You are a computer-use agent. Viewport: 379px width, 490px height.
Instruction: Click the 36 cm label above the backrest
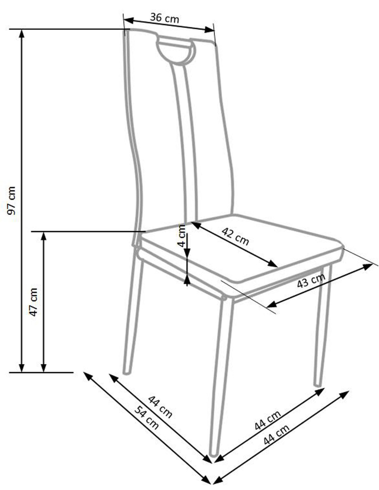(x=165, y=18)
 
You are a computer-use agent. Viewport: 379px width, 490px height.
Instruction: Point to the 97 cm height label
(x=12, y=201)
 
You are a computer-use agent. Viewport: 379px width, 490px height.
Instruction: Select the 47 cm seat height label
(x=33, y=302)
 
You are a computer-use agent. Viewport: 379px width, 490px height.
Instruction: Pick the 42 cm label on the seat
(x=235, y=236)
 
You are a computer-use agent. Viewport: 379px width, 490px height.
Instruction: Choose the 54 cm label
(x=146, y=418)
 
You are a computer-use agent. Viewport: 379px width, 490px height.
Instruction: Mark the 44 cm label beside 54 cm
(x=160, y=407)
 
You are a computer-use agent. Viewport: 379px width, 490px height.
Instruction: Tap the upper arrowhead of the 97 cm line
(x=22, y=33)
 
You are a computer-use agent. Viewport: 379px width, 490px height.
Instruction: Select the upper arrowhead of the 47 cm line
(x=44, y=235)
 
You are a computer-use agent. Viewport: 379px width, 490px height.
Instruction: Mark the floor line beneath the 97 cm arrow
(x=41, y=372)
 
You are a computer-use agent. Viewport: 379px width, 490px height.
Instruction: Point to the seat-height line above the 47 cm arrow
(x=86, y=232)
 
